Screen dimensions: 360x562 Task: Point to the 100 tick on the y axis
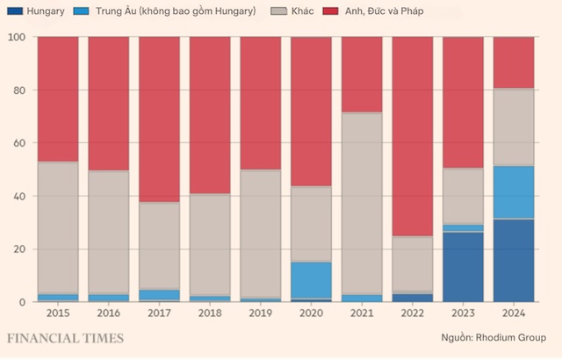[x=18, y=37]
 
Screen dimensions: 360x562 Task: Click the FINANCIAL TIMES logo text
[x=66, y=338]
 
